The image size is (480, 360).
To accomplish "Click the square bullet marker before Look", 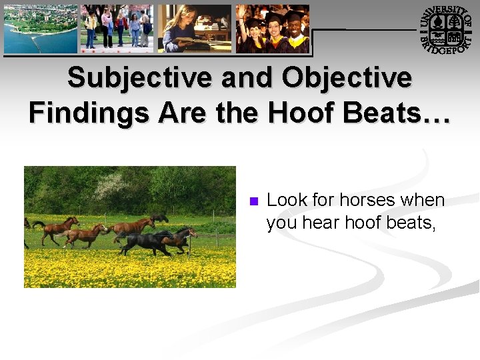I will (x=253, y=201).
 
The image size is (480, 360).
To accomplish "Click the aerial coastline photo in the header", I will (x=40, y=29).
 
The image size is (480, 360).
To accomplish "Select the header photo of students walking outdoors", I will (x=117, y=29).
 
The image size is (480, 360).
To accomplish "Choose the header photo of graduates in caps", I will (x=273, y=29).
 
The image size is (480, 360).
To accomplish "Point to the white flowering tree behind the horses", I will (x=113, y=187).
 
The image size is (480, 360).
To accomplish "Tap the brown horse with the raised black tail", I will (x=57, y=228).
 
